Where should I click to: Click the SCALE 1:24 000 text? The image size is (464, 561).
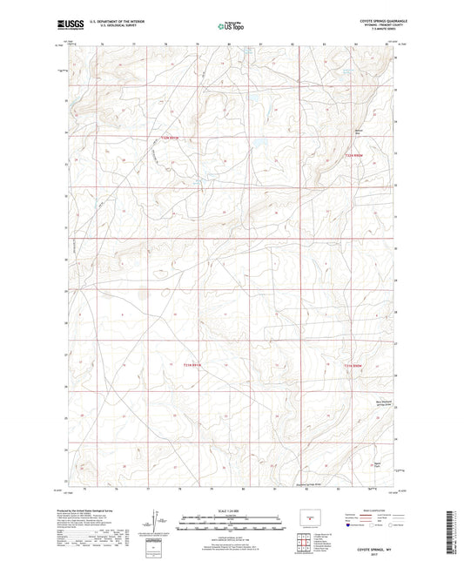231,510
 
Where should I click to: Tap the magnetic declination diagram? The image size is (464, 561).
157,521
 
